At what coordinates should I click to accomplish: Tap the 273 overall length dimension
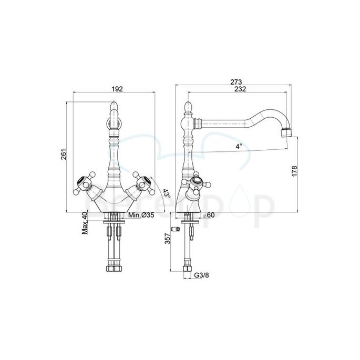235,81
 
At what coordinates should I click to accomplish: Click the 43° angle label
165,193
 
